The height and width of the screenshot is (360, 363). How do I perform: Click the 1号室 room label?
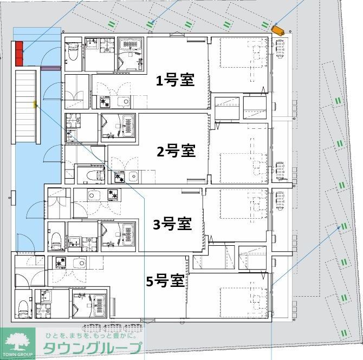(175, 81)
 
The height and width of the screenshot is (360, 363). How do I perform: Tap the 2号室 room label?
(176, 151)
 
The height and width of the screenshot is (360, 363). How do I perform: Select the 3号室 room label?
(172, 223)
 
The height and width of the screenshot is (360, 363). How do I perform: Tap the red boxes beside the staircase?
(20, 52)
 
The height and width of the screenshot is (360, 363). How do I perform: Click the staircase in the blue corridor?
(25, 106)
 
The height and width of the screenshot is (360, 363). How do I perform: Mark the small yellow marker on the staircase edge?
(35, 103)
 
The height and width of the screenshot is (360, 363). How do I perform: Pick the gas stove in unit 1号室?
(103, 101)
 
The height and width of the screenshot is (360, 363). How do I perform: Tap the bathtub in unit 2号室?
(128, 125)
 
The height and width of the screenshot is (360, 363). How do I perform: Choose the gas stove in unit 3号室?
(114, 194)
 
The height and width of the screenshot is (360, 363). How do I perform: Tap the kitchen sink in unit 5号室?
(79, 263)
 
